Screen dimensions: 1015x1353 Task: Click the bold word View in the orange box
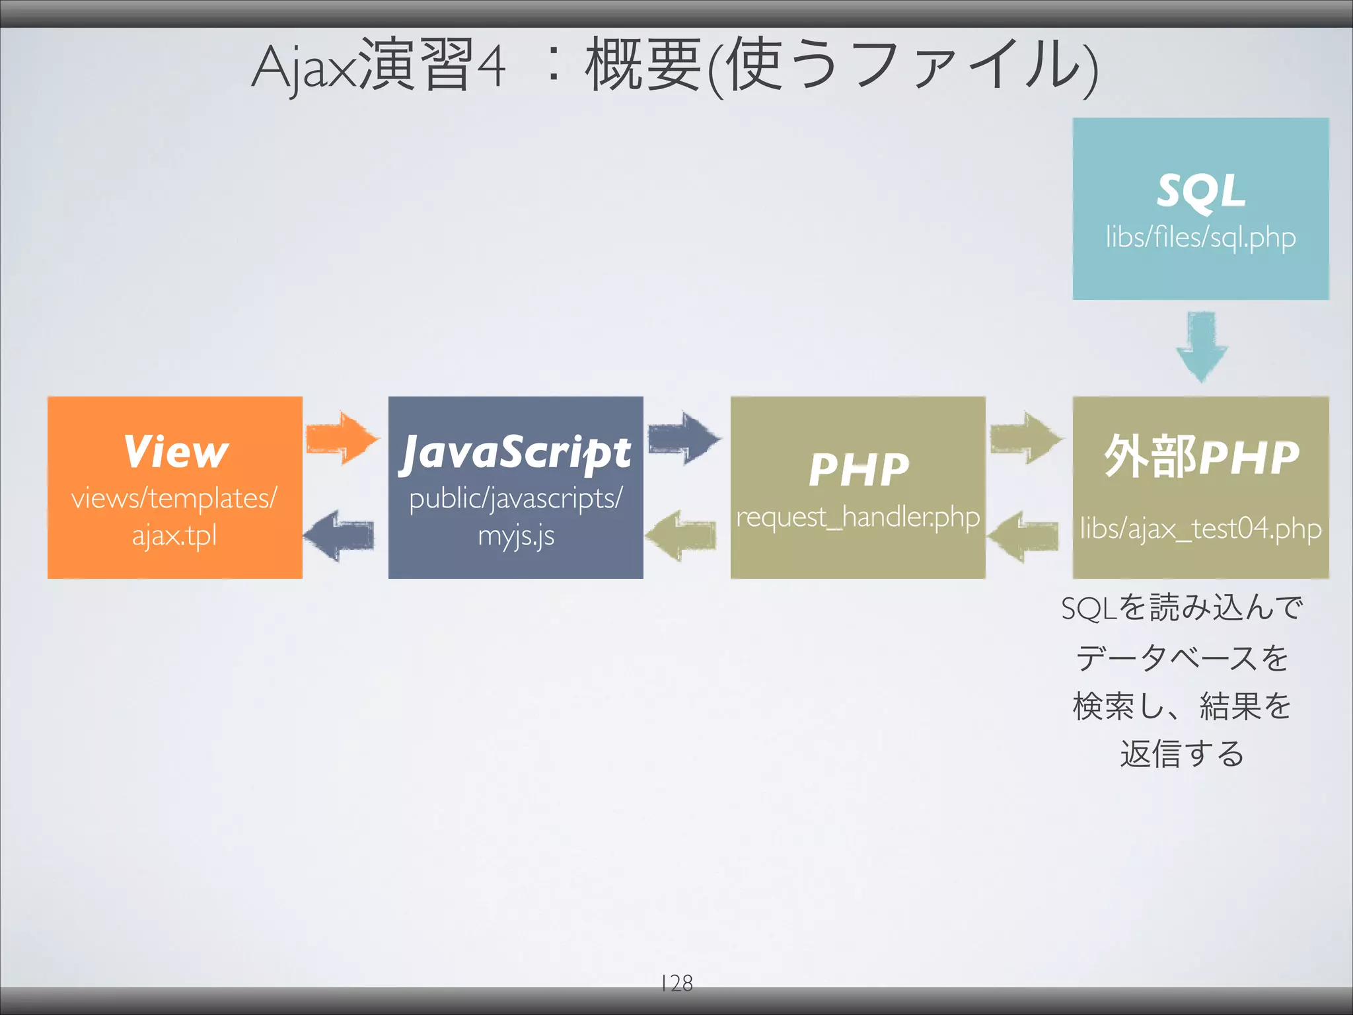(x=176, y=452)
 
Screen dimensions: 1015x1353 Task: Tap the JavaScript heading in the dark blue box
(x=516, y=453)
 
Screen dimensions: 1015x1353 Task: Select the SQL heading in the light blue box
(x=1200, y=192)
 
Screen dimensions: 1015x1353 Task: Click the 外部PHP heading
(x=1200, y=456)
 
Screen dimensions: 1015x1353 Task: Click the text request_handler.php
(x=858, y=517)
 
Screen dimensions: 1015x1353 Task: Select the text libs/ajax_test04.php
(x=1200, y=529)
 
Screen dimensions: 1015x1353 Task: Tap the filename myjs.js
(x=516, y=535)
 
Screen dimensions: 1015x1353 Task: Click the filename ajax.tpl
(x=174, y=535)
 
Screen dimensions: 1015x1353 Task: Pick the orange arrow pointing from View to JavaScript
(x=342, y=438)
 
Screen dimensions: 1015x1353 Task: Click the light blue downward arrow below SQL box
(x=1201, y=346)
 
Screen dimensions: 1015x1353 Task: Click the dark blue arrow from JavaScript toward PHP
(x=684, y=438)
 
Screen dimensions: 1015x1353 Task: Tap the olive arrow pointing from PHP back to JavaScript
(x=680, y=535)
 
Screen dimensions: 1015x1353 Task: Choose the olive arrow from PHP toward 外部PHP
(x=1025, y=438)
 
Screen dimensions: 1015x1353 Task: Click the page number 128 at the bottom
(x=676, y=983)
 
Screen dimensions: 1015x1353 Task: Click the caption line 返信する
(x=1182, y=754)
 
